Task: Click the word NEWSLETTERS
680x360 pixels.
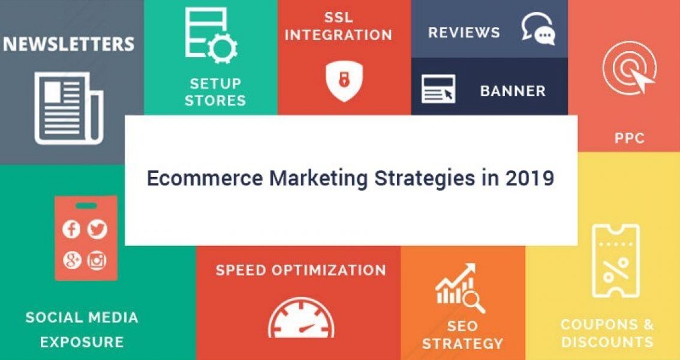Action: coord(68,44)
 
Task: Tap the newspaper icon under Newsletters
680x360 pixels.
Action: coord(68,108)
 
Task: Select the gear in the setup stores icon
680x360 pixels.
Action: coord(222,49)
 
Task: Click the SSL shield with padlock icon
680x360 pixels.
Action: coord(344,81)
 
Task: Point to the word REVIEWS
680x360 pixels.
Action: coord(464,32)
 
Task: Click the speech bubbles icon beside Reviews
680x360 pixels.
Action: coord(538,28)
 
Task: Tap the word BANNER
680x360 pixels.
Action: coord(513,91)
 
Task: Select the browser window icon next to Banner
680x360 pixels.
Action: coord(438,89)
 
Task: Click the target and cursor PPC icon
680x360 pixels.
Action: coord(629,68)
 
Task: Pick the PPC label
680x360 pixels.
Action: coord(630,139)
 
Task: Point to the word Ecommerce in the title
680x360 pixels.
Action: coord(204,178)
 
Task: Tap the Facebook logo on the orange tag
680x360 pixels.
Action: coord(71,229)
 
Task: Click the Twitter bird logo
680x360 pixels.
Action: coord(97,229)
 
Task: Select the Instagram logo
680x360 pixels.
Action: coord(97,260)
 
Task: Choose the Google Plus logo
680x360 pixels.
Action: coord(71,260)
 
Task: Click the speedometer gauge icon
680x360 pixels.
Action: coord(301,318)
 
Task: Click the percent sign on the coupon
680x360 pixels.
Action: coord(615,270)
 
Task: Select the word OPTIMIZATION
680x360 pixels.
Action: coord(328,270)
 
